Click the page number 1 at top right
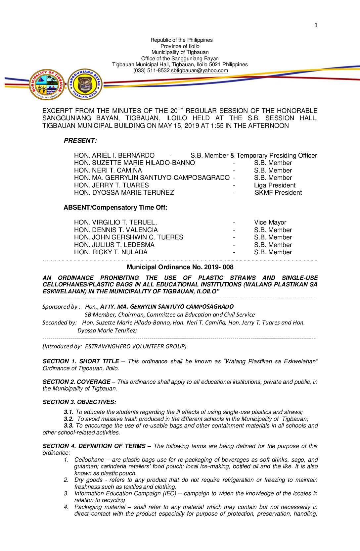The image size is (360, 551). click(316, 25)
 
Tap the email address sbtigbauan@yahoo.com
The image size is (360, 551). click(199, 71)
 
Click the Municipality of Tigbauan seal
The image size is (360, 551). click(47, 85)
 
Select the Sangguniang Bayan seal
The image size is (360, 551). click(85, 84)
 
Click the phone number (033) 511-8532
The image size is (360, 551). click(151, 71)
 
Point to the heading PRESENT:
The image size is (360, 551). click(80, 141)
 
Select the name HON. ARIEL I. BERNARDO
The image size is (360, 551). click(114, 156)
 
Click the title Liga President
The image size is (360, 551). click(275, 185)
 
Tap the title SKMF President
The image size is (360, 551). click(278, 193)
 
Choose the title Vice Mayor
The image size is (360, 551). click(270, 223)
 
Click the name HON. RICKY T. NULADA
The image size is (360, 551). click(111, 252)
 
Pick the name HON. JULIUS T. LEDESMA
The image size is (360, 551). click(114, 245)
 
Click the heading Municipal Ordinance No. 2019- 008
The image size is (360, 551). click(180, 267)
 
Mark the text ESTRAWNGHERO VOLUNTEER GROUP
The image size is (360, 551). click(136, 346)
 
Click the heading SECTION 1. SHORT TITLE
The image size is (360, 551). click(81, 361)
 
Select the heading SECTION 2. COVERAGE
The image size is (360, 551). click(76, 382)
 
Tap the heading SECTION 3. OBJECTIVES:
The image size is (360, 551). click(79, 402)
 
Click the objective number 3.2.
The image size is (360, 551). click(68, 419)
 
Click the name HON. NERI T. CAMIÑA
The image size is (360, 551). click(108, 171)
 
